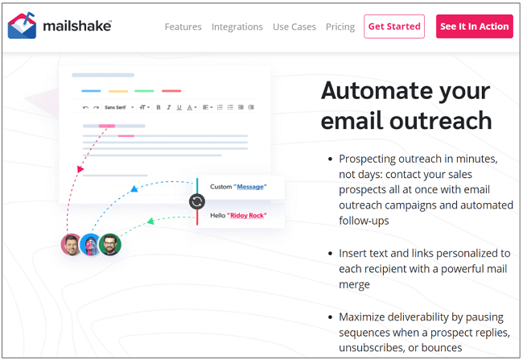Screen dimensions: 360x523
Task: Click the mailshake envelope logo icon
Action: [22, 26]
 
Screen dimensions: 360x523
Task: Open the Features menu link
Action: [183, 27]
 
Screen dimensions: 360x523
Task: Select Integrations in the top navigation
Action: [237, 27]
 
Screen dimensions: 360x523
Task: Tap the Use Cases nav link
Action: [294, 27]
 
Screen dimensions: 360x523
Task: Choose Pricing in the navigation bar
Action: [340, 27]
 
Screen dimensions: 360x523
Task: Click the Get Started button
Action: [394, 27]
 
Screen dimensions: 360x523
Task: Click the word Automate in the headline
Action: [377, 90]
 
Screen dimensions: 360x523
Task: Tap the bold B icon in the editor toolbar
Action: [159, 107]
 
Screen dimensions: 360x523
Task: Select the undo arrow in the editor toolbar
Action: [86, 107]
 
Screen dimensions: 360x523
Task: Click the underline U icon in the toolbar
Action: [179, 107]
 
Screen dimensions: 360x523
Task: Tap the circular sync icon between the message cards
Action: [197, 201]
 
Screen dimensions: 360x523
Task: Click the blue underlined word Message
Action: [249, 187]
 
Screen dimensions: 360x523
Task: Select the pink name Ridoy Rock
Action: [246, 216]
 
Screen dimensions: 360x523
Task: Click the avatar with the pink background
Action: [72, 244]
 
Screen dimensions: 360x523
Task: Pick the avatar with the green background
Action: [110, 244]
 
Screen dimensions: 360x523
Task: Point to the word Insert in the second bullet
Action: [354, 253]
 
